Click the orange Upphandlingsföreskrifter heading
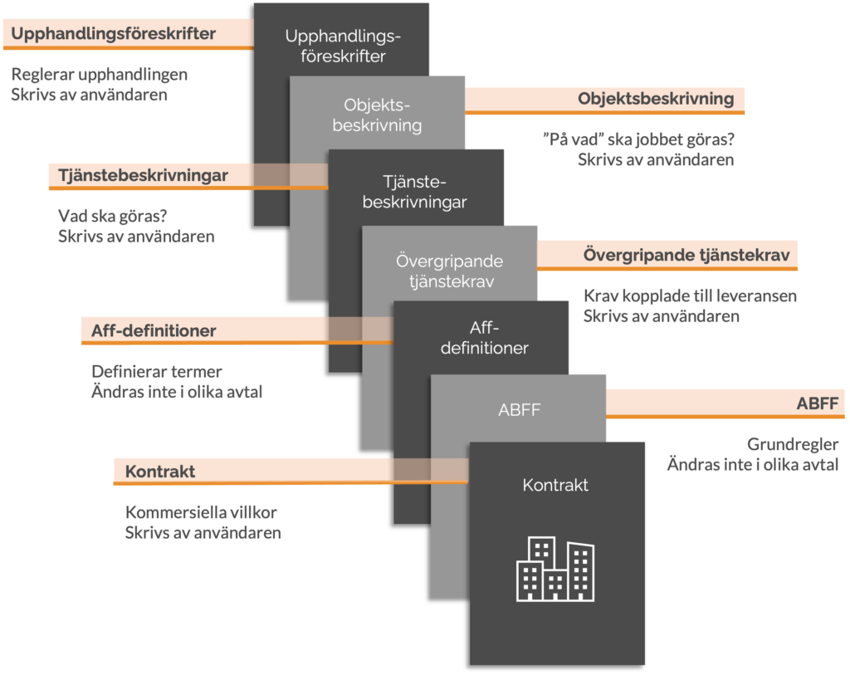(114, 34)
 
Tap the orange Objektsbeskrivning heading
(656, 99)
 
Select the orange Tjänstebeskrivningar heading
(143, 175)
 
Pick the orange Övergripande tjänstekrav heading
(690, 254)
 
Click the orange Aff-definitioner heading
(154, 330)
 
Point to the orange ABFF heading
(817, 404)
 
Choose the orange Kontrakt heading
(160, 472)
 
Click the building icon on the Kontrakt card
(555, 570)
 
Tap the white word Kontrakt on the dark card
(555, 485)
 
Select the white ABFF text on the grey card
(520, 409)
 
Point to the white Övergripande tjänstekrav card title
(451, 271)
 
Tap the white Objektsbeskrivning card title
(377, 115)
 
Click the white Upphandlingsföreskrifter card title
(343, 46)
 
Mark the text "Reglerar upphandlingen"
(100, 74)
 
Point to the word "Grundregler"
(793, 443)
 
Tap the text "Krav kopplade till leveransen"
(690, 296)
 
